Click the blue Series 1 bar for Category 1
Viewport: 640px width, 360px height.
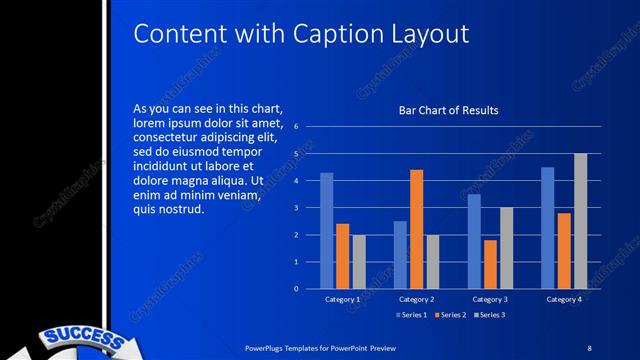326,231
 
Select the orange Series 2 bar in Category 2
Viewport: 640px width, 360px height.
416,229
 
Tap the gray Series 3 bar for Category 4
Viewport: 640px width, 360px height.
580,221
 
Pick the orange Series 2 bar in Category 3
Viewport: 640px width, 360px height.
490,264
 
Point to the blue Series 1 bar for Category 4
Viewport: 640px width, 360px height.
547,228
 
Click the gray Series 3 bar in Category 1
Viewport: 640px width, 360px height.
359,262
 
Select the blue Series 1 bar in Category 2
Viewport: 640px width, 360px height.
400,255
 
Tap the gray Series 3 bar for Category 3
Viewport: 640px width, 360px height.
506,248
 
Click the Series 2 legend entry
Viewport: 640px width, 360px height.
451,316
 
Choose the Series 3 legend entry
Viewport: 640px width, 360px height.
491,316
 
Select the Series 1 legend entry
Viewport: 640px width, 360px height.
411,316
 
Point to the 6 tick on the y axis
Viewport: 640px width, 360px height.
296,127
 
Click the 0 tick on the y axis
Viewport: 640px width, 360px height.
296,289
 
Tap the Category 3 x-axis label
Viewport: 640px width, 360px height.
490,299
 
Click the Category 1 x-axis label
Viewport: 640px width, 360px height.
342,299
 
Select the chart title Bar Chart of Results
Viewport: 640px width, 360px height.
449,110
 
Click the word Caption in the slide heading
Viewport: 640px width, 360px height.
339,34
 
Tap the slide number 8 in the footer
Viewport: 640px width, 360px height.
589,346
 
